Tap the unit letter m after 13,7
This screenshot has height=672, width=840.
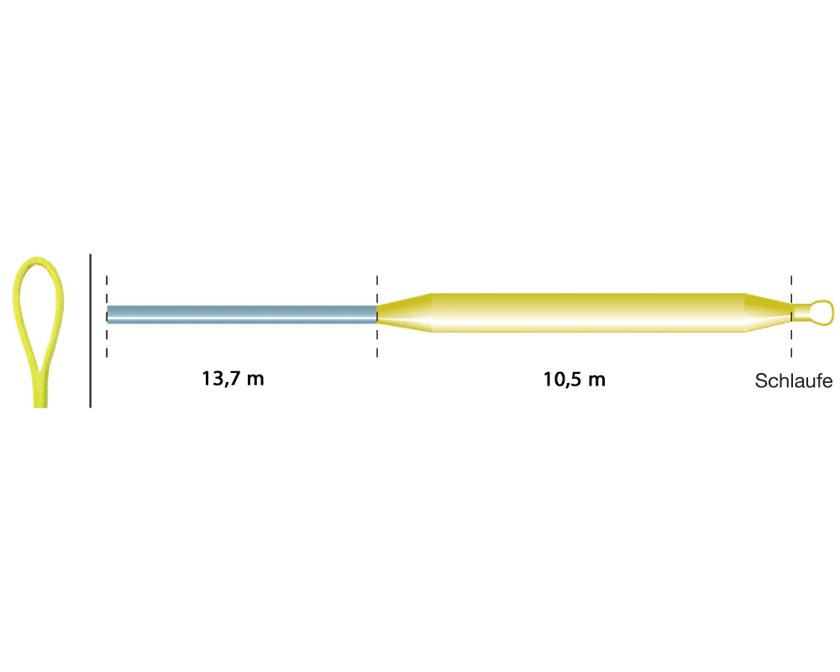(x=255, y=381)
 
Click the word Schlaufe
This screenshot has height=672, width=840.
(x=794, y=381)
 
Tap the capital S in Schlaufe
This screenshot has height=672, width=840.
(x=761, y=381)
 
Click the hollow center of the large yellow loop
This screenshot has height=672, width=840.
(x=39, y=311)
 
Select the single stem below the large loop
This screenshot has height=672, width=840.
(x=40, y=389)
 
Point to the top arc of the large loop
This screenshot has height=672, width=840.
(x=38, y=260)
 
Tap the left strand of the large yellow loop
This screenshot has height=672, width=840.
(x=20, y=322)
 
